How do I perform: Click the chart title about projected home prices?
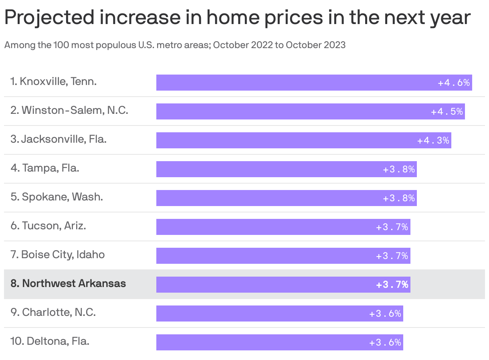coord(237,18)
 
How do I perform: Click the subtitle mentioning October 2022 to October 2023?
coord(175,45)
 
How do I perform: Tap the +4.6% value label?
coord(454,83)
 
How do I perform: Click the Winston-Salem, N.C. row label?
coord(69,110)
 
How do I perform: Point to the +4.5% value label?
coord(447,112)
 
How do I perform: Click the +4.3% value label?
coord(433,141)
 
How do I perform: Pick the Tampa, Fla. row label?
coord(45,168)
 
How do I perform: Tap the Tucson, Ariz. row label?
coord(48,226)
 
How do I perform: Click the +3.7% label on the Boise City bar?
coord(392,256)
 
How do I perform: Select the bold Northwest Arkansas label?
coord(68,283)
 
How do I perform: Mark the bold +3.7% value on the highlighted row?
coord(392,285)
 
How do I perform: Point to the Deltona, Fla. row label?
coord(50,341)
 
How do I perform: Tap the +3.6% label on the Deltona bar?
coord(385,343)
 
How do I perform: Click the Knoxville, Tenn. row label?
coord(54,81)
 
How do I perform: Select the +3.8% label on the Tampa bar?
coord(399,170)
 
